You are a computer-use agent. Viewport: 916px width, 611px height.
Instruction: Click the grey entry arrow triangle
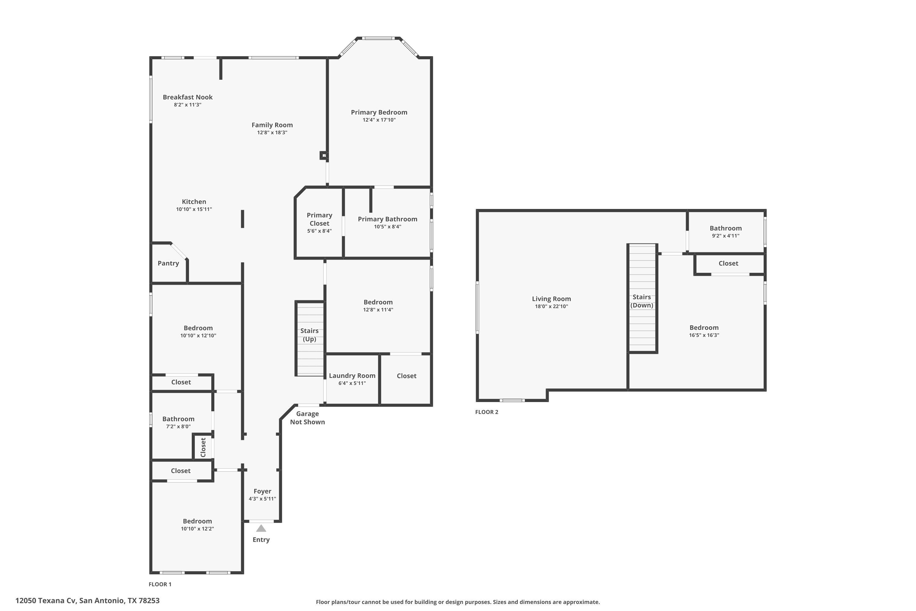coord(261,529)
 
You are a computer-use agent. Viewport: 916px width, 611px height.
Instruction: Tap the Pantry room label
coord(168,263)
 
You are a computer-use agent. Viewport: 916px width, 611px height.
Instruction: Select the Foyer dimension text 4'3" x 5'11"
coord(263,499)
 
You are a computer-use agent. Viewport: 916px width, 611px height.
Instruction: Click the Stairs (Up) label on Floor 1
coord(309,335)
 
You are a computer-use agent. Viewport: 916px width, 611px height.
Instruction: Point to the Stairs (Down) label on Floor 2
coord(642,301)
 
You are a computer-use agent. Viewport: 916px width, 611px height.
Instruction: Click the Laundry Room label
coord(352,376)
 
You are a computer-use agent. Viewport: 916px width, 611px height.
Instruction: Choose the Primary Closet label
coord(319,219)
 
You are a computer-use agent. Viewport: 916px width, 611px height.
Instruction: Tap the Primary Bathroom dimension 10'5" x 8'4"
coord(387,227)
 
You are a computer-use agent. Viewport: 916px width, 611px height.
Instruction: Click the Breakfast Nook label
coord(188,97)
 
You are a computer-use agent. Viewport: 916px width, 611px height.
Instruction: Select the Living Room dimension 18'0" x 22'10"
coord(551,306)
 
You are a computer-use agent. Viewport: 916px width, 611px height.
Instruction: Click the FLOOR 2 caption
coord(486,412)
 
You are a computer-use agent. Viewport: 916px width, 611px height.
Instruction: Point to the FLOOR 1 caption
coord(160,584)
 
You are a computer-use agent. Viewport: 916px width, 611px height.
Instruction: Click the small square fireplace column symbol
coord(324,155)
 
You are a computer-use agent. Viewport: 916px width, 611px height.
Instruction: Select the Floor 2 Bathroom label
coord(725,228)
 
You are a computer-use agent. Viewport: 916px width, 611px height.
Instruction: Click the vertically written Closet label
coord(203,447)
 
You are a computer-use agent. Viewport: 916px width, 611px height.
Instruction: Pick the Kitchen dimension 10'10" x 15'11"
coord(194,209)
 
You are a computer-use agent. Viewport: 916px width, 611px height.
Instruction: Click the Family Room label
coord(272,125)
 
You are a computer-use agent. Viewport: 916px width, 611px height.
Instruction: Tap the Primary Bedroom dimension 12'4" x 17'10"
coord(379,120)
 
